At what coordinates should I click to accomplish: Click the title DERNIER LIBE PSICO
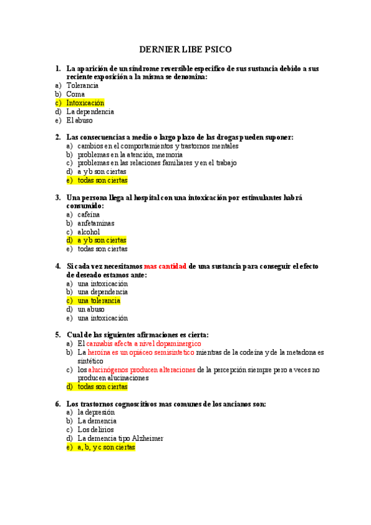185,49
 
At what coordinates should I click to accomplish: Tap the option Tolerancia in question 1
82,85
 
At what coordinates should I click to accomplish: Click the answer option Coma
76,94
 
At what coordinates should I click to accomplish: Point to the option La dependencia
90,111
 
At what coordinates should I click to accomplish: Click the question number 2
58,137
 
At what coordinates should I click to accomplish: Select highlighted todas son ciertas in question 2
102,180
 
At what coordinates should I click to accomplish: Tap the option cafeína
89,214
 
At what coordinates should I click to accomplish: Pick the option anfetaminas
96,223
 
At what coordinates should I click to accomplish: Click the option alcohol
89,232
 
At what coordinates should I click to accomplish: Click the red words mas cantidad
165,266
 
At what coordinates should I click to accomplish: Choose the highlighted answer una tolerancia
98,300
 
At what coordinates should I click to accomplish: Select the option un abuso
91,309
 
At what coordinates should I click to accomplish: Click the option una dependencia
103,292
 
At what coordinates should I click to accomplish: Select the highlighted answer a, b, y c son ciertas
106,446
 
